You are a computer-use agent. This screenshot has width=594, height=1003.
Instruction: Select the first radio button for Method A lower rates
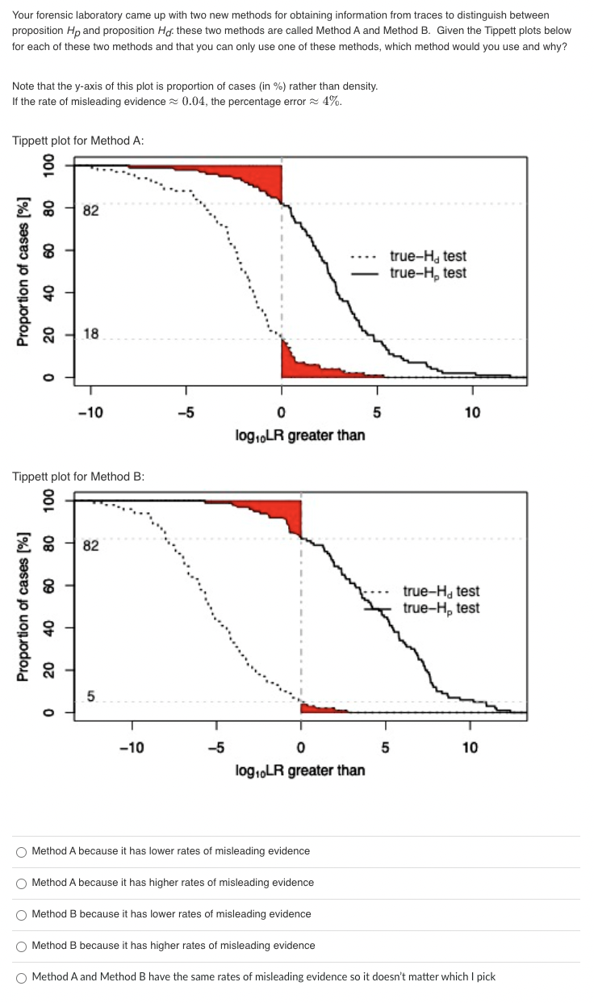tap(22, 851)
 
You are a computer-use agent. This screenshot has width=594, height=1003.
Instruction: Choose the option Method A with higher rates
tap(22, 883)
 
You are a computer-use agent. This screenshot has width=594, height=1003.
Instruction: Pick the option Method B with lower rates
tap(22, 914)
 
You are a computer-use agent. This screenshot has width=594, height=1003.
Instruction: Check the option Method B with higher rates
tap(22, 946)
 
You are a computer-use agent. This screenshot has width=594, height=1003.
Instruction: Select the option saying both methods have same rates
tap(22, 977)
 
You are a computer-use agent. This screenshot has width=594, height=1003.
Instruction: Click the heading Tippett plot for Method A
tap(78, 141)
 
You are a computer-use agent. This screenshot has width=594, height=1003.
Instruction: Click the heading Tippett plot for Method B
tap(78, 476)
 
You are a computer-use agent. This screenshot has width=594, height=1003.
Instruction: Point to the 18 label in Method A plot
tap(91, 335)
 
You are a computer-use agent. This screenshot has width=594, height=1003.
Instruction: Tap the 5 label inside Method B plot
tap(91, 695)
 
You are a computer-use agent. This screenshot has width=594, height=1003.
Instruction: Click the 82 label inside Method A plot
tap(91, 212)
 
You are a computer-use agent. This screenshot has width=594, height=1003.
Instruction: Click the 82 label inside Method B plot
tap(91, 546)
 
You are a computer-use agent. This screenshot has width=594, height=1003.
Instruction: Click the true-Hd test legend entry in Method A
tap(427, 257)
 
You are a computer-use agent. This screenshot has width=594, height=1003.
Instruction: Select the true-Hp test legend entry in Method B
tap(441, 608)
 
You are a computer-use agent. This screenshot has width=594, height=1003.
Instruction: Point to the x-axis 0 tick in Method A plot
tap(282, 413)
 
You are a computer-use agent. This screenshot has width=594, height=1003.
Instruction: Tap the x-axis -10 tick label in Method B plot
tap(132, 748)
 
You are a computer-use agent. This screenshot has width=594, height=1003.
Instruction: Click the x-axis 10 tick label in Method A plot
tap(472, 413)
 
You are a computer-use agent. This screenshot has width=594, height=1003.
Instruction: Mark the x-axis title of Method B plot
tap(299, 770)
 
